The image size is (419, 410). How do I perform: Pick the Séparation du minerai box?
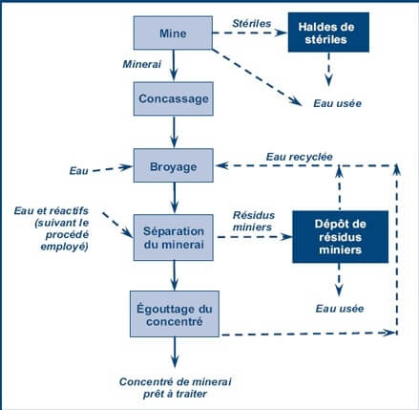coord(172,237)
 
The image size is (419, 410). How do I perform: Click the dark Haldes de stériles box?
coord(331,34)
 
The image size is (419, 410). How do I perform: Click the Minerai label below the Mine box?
coord(141,65)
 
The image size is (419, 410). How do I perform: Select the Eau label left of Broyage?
coord(79,170)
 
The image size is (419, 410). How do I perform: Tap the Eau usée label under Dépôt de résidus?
coord(336,308)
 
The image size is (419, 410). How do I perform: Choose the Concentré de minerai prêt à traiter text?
coord(174,387)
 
